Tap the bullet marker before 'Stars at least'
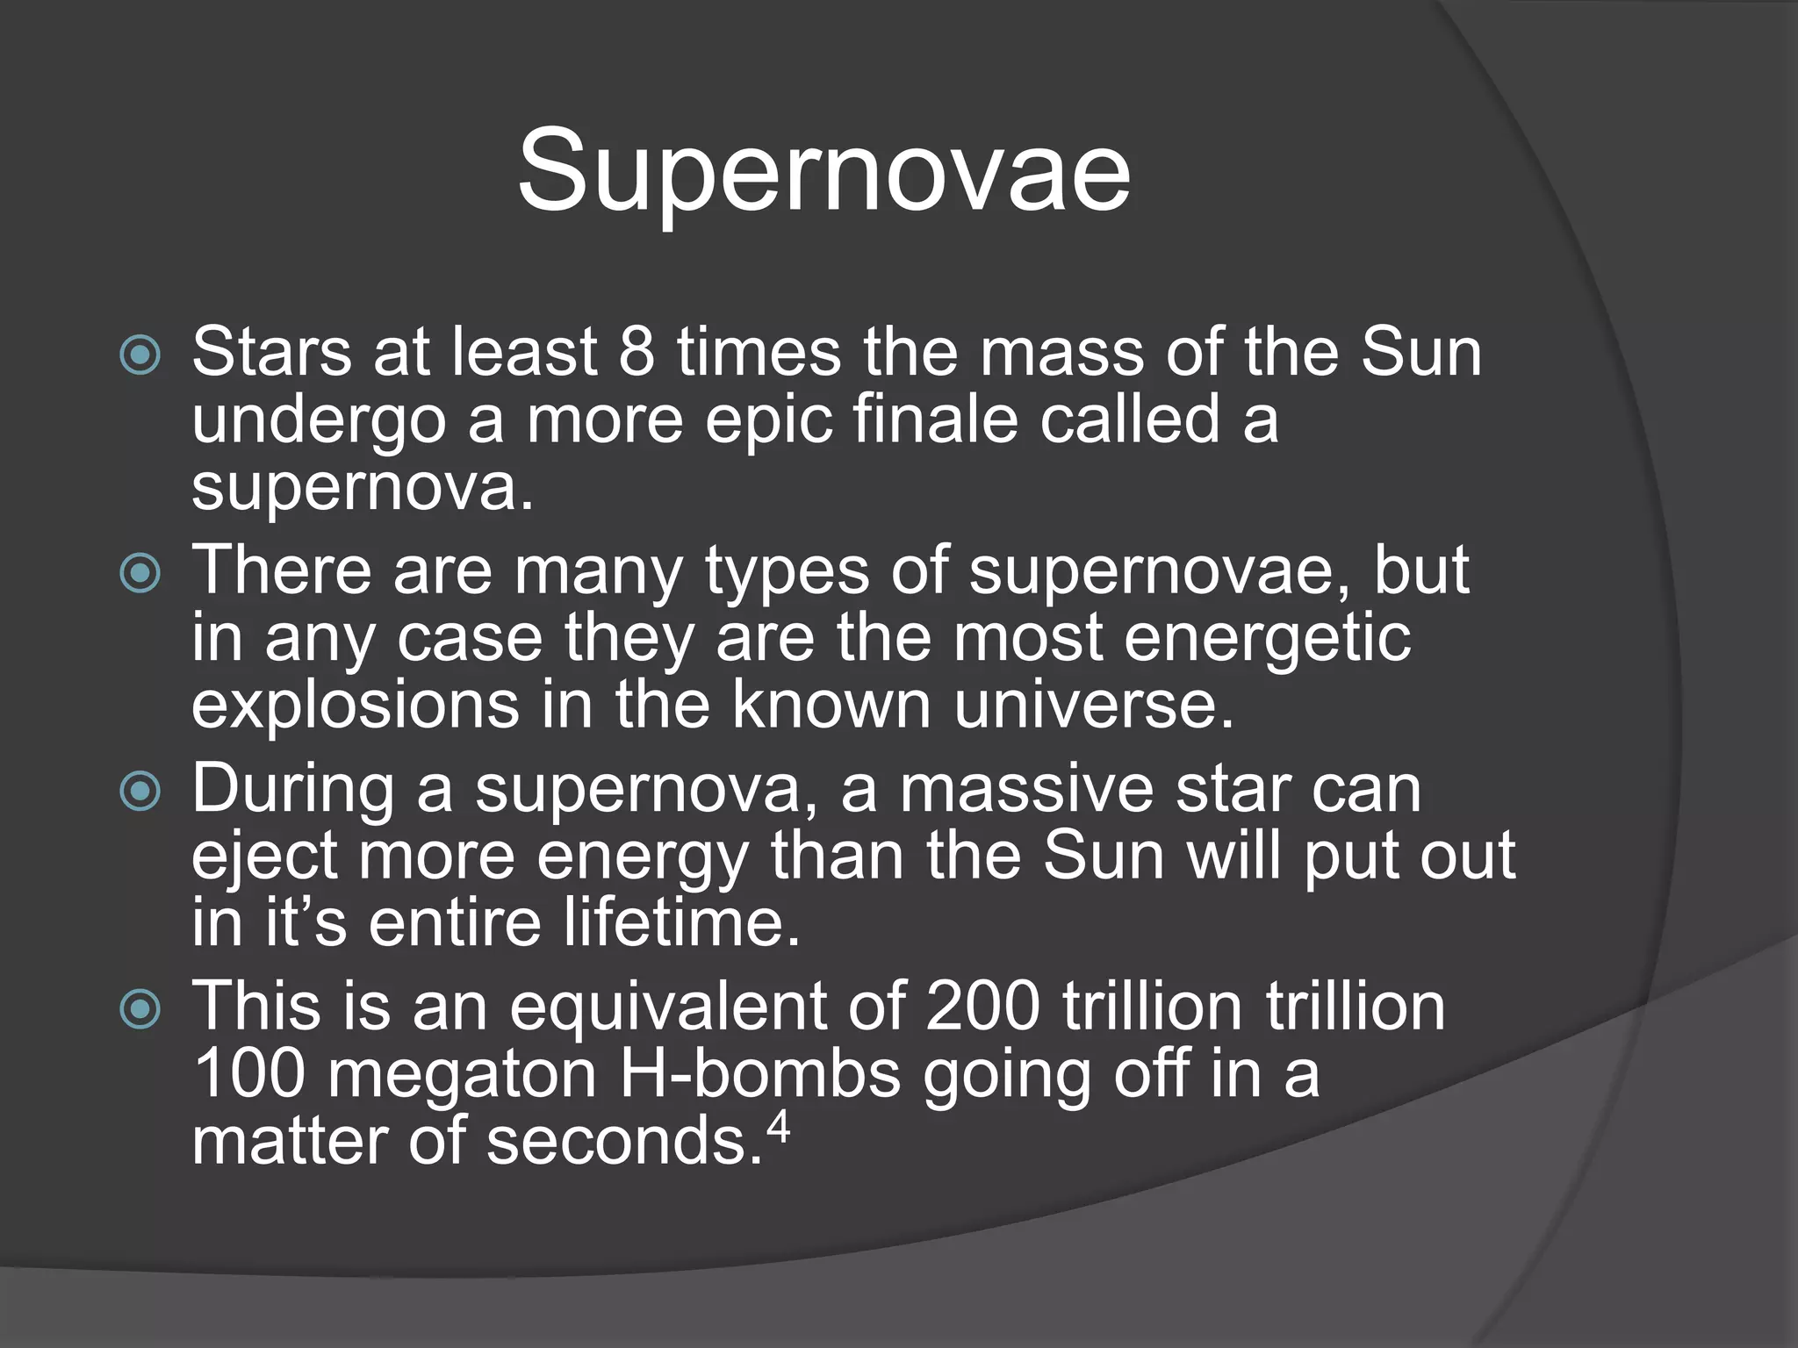point(140,355)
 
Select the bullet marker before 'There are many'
point(140,574)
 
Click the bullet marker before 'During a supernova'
point(140,792)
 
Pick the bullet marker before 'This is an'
point(140,1009)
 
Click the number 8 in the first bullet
point(636,352)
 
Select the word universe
point(1093,706)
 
